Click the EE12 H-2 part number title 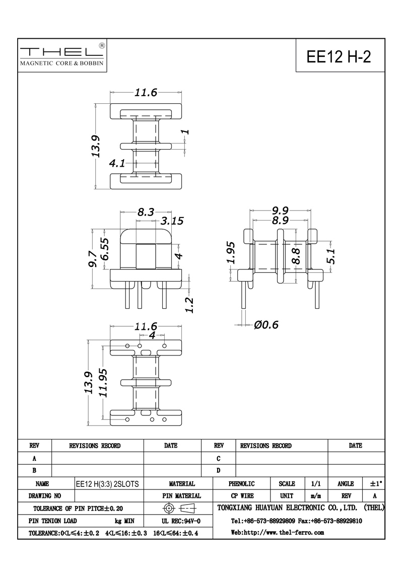coord(339,57)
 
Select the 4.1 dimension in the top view coord(117,163)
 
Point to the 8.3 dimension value coord(146,212)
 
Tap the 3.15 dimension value coord(172,221)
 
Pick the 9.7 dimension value coord(94,259)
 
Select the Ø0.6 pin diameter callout coord(266,324)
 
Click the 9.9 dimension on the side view coord(280,210)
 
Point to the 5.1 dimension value coord(330,256)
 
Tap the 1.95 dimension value coord(231,253)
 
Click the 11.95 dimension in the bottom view coord(104,383)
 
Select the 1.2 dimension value coord(189,305)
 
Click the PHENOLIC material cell coord(241,484)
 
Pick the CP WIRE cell coord(242,496)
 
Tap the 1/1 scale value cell coord(316,484)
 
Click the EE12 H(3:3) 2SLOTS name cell coord(107,484)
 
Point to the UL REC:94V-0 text coord(181,521)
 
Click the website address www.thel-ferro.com coord(278,533)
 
